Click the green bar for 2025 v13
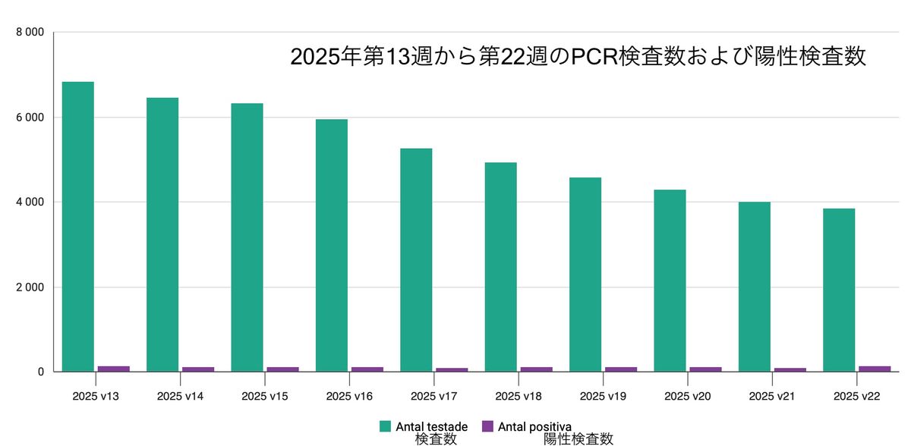[78, 227]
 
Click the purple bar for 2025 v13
[114, 369]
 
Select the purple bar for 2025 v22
[875, 369]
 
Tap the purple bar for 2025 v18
[537, 369]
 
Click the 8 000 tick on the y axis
[30, 33]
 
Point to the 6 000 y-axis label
[30, 118]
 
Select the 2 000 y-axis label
[30, 287]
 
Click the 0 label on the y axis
[40, 372]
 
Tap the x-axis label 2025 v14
[180, 396]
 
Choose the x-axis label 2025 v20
[687, 396]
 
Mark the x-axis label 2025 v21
[771, 396]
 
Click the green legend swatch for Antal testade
[386, 426]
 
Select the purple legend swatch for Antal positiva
[488, 426]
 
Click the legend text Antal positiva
[534, 426]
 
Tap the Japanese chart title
[578, 57]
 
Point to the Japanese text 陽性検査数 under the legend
[578, 439]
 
